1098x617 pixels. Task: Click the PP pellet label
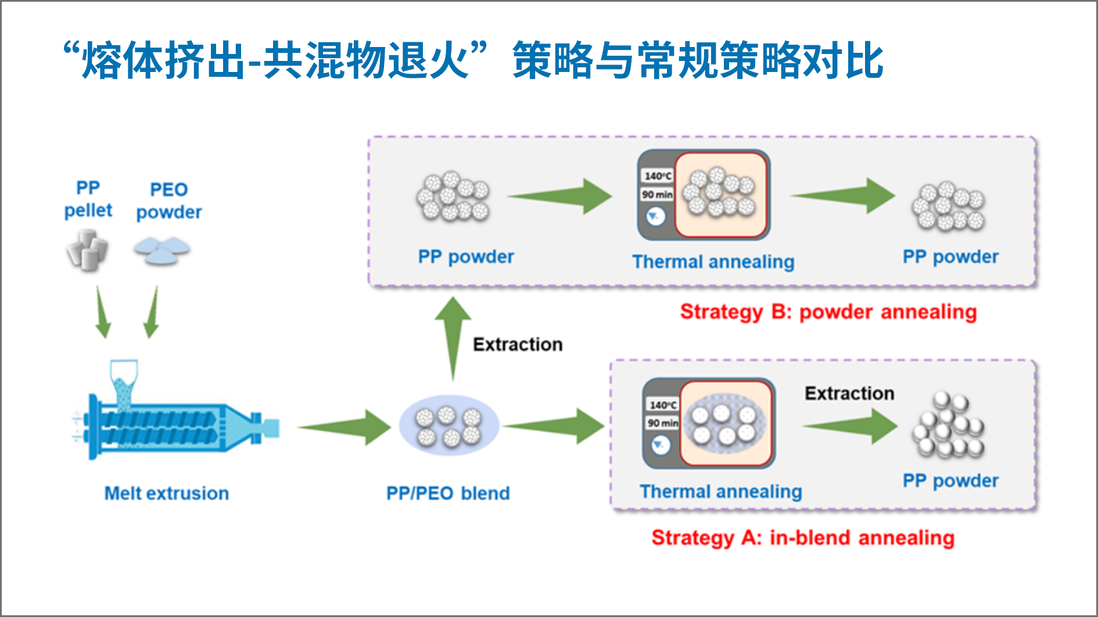coord(88,199)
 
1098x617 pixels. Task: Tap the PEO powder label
coord(168,201)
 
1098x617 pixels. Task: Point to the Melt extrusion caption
coord(166,493)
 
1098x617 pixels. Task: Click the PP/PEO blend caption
coord(448,493)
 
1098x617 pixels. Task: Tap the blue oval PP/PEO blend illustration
coord(448,426)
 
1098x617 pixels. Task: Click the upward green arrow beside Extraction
coord(453,337)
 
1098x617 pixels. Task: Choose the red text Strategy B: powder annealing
coord(828,312)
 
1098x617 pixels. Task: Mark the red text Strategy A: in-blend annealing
coord(803,537)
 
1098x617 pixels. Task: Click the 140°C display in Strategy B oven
coord(658,176)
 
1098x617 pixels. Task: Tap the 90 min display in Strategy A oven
coord(662,423)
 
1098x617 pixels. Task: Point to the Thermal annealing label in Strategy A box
coord(721,492)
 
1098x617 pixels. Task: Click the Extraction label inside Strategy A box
coord(849,394)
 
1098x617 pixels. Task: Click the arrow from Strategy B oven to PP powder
coord(843,196)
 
